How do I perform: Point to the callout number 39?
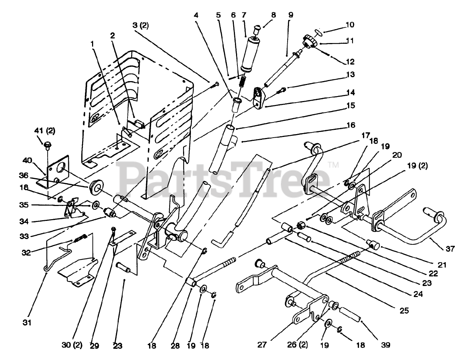[x=386, y=344]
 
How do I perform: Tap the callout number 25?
[x=404, y=311]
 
